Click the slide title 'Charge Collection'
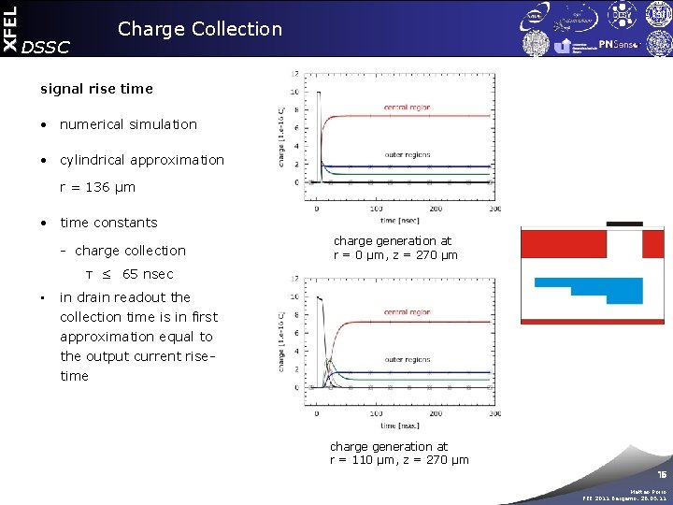click(199, 29)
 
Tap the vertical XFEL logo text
click(9, 27)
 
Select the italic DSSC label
click(45, 48)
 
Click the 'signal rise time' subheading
click(96, 89)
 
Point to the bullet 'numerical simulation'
click(128, 124)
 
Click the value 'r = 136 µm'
click(97, 187)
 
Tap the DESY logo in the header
click(621, 16)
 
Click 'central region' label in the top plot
click(407, 108)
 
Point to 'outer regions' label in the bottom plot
click(407, 359)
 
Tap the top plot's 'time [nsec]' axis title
click(402, 220)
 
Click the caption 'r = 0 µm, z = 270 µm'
click(395, 255)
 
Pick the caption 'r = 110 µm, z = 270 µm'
click(399, 459)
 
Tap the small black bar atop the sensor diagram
click(623, 224)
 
